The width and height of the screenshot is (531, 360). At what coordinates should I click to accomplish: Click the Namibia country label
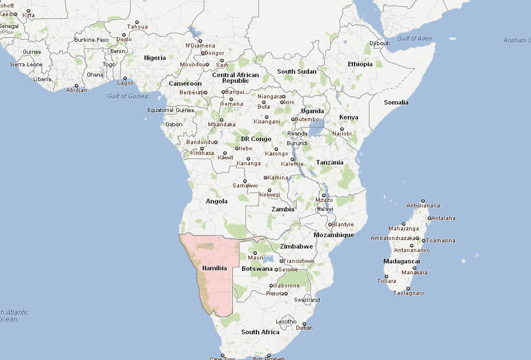pos(214,268)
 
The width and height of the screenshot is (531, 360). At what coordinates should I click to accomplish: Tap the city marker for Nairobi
pos(343,129)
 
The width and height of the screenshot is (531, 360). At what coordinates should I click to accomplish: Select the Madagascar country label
pos(402,261)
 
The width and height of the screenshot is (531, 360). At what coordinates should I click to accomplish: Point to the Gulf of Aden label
pos(415,38)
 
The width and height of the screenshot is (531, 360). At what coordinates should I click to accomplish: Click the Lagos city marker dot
pos(124,78)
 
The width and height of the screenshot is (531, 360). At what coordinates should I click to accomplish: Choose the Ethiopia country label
pos(360,64)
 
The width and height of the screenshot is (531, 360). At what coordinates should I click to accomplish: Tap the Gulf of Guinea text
pos(127,96)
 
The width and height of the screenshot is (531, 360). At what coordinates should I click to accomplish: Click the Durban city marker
pos(304,323)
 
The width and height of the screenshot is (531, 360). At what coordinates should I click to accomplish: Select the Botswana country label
pos(258,269)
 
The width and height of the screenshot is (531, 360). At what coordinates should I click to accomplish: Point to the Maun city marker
pos(255,252)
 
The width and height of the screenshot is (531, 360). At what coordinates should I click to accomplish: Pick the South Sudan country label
pos(296,71)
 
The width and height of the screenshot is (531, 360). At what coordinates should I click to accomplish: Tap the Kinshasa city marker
pos(202,148)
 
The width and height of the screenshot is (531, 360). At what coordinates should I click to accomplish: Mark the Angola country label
pos(216,201)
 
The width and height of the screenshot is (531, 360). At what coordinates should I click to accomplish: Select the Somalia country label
pos(396,102)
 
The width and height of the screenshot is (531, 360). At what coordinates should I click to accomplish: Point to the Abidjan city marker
pos(77,86)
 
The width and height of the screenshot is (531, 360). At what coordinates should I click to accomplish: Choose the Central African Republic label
pos(235,78)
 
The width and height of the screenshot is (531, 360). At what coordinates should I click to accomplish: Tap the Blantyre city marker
pos(330,225)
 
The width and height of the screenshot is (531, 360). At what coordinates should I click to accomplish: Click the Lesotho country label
pos(286,322)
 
